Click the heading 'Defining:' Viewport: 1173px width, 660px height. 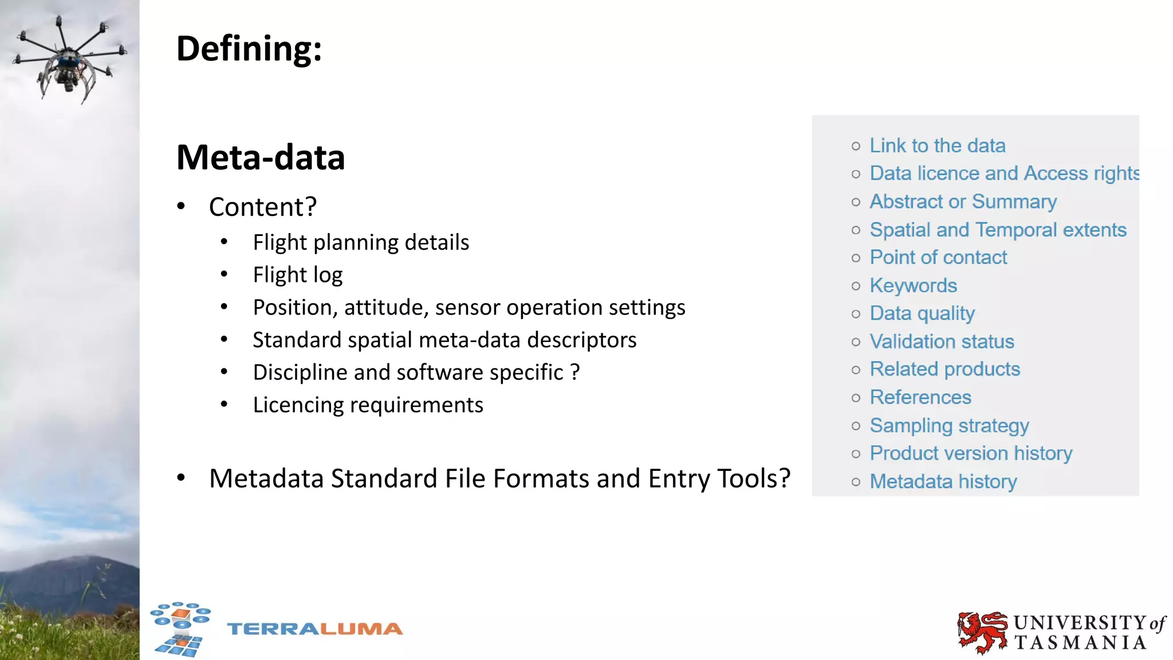tap(249, 49)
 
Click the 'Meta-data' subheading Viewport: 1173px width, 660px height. tap(261, 158)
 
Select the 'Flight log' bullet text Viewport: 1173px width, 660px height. tap(298, 275)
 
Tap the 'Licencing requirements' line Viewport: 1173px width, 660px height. tap(368, 405)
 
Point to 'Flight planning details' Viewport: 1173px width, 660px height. tap(361, 242)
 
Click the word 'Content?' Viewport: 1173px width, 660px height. tap(263, 207)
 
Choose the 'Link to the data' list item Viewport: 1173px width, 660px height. tap(938, 146)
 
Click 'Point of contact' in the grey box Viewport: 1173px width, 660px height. tap(938, 257)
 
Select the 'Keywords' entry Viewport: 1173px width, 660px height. tap(914, 285)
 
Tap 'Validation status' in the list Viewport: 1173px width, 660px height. tap(942, 341)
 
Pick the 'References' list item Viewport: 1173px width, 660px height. tap(920, 397)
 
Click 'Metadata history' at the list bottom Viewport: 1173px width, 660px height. tap(943, 481)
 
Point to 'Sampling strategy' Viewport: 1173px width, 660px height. tap(949, 425)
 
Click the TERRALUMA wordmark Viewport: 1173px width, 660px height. tap(315, 629)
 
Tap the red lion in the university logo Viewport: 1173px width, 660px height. tap(982, 632)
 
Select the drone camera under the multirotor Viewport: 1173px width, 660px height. tap(69, 85)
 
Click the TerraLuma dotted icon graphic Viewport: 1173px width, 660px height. tap(180, 628)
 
